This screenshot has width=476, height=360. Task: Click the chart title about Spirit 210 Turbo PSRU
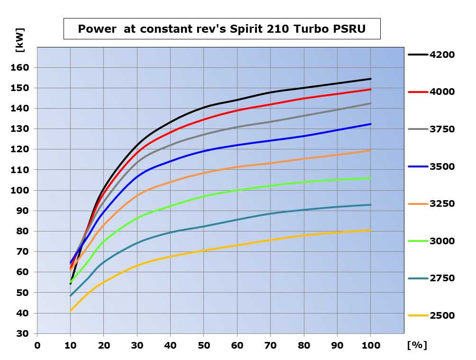pos(221,29)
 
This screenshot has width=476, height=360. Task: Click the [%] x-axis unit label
pos(417,345)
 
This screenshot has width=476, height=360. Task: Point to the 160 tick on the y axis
pos(20,68)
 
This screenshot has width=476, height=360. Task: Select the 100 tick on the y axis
pos(20,191)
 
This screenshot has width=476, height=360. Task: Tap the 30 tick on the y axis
pos(23,333)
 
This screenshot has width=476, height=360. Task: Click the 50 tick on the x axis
pos(204,345)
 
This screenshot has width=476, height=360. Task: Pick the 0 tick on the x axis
pos(37,345)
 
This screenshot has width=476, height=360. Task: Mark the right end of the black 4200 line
pos(370,79)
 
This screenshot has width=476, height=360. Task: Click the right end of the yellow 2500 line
pos(370,230)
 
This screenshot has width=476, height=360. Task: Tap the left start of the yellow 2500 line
pos(71,311)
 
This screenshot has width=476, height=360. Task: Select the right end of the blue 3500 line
pos(370,124)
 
